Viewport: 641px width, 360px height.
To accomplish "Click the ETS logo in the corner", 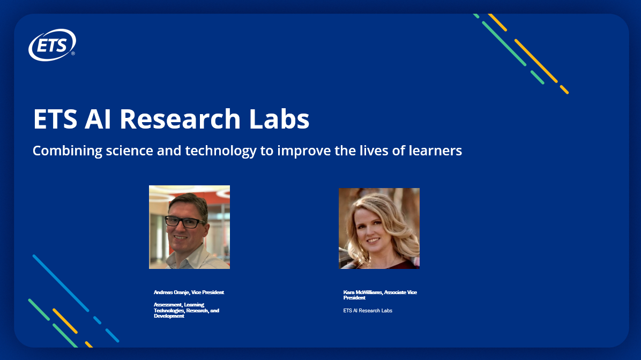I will point(52,44).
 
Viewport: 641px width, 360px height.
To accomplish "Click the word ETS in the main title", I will point(55,118).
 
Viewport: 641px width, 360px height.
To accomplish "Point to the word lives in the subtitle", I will point(372,151).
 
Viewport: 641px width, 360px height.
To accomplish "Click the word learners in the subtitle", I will point(434,151).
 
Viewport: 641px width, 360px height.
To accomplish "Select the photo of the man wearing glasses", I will point(189,227).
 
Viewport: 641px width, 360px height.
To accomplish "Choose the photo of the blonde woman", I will point(379,228).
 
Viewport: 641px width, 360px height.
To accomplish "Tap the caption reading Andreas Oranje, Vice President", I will point(189,292).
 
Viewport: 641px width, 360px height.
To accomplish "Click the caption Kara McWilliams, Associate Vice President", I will point(380,295).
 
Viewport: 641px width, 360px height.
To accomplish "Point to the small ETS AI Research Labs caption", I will point(368,311).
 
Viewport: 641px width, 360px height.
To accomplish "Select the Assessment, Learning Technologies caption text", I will point(186,310).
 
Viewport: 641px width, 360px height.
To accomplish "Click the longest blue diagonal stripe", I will point(61,282).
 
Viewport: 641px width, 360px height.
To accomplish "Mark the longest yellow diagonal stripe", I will point(535,60).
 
